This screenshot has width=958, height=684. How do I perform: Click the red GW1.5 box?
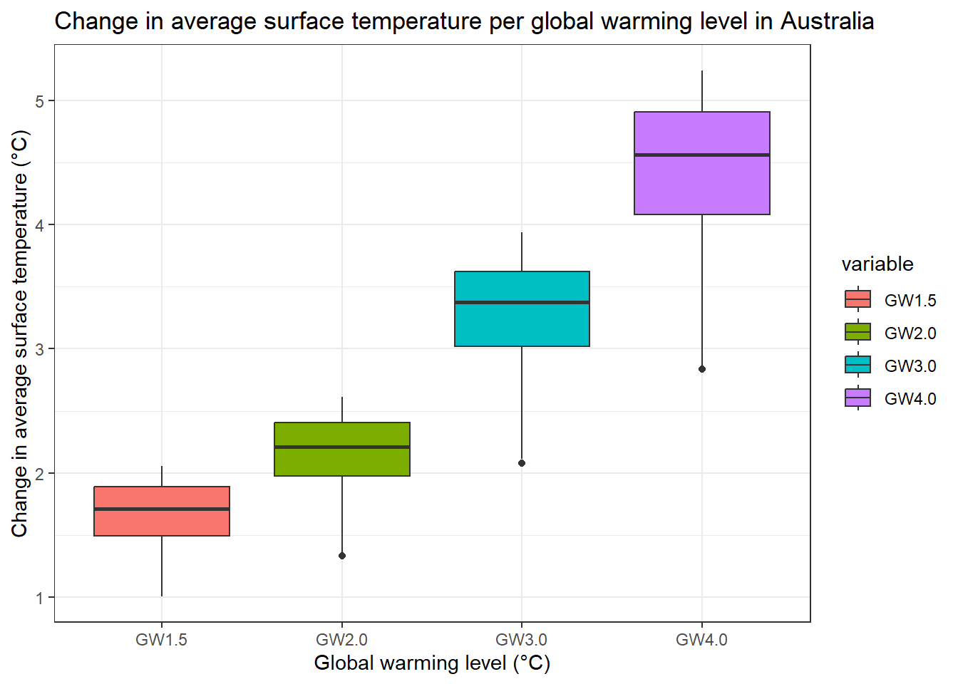click(162, 524)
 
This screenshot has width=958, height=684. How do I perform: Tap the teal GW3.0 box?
click(522, 324)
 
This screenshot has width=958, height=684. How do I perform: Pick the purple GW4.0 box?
click(702, 185)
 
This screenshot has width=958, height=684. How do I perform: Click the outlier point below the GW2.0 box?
click(342, 556)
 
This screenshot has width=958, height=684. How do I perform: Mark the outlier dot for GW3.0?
click(522, 463)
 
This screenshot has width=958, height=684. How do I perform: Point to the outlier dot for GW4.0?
click(702, 369)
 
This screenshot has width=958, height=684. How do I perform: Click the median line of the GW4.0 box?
click(702, 155)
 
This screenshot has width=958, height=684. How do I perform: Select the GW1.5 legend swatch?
click(857, 299)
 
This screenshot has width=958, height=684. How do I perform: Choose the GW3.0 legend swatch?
click(857, 365)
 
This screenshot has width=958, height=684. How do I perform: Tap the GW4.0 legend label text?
click(910, 399)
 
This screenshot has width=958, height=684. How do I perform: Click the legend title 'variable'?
click(877, 264)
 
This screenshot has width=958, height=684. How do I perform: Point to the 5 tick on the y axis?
click(40, 101)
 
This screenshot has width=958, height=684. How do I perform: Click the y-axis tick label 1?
click(40, 598)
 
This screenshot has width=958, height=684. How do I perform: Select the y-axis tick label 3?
click(40, 349)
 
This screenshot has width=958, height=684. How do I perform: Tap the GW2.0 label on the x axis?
click(342, 640)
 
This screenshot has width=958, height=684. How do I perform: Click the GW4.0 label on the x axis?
click(702, 640)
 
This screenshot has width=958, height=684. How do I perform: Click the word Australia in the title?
click(827, 21)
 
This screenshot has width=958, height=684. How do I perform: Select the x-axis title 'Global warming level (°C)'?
click(432, 663)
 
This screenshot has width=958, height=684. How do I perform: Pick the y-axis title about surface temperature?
click(20, 333)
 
